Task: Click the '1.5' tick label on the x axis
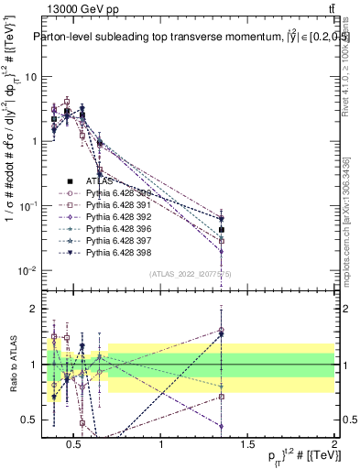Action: tap(247, 445)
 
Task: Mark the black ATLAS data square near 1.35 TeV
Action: tap(221, 230)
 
